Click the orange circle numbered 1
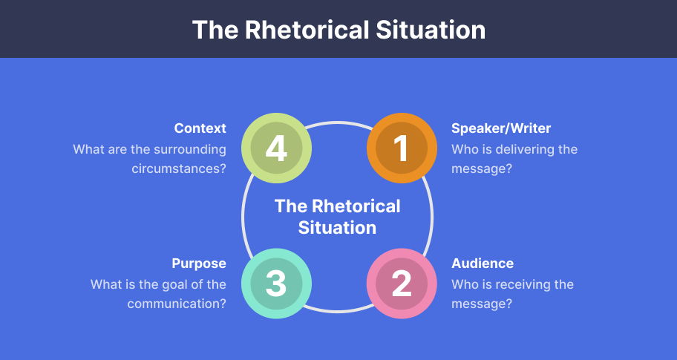click(401, 147)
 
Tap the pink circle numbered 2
click(401, 283)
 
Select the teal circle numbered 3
click(276, 283)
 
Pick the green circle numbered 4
click(276, 147)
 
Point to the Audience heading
click(483, 264)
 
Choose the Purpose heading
click(199, 264)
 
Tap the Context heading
click(200, 128)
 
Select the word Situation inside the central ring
click(337, 227)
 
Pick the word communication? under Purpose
click(177, 304)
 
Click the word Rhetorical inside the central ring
click(356, 206)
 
